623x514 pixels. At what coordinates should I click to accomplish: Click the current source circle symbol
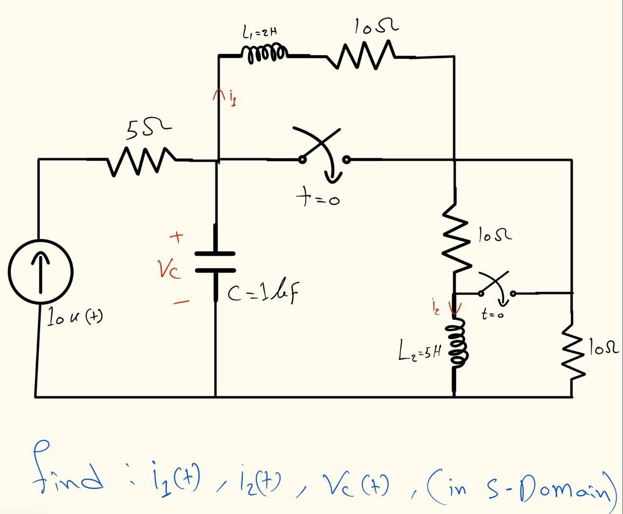click(41, 271)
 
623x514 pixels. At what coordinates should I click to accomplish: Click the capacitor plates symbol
click(215, 262)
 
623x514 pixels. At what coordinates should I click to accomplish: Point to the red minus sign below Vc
click(181, 302)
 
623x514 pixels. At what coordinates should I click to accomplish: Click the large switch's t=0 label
click(317, 198)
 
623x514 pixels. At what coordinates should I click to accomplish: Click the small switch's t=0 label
click(492, 315)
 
